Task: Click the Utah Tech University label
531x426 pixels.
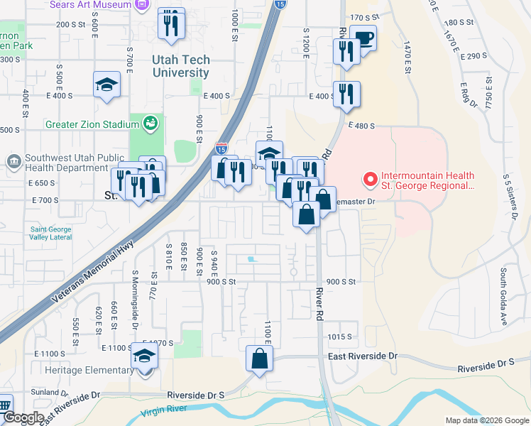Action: [x=180, y=67]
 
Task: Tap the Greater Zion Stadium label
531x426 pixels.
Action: [x=92, y=124]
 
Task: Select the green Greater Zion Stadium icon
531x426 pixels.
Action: [x=150, y=124]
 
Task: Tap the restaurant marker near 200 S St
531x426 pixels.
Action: [x=171, y=24]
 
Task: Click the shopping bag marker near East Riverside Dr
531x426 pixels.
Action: [x=259, y=357]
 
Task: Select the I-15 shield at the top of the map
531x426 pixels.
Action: [x=280, y=4]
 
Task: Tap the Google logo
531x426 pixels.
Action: [x=23, y=418]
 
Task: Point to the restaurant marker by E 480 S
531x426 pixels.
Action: [x=346, y=94]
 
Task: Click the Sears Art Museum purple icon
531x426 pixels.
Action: [x=142, y=4]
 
